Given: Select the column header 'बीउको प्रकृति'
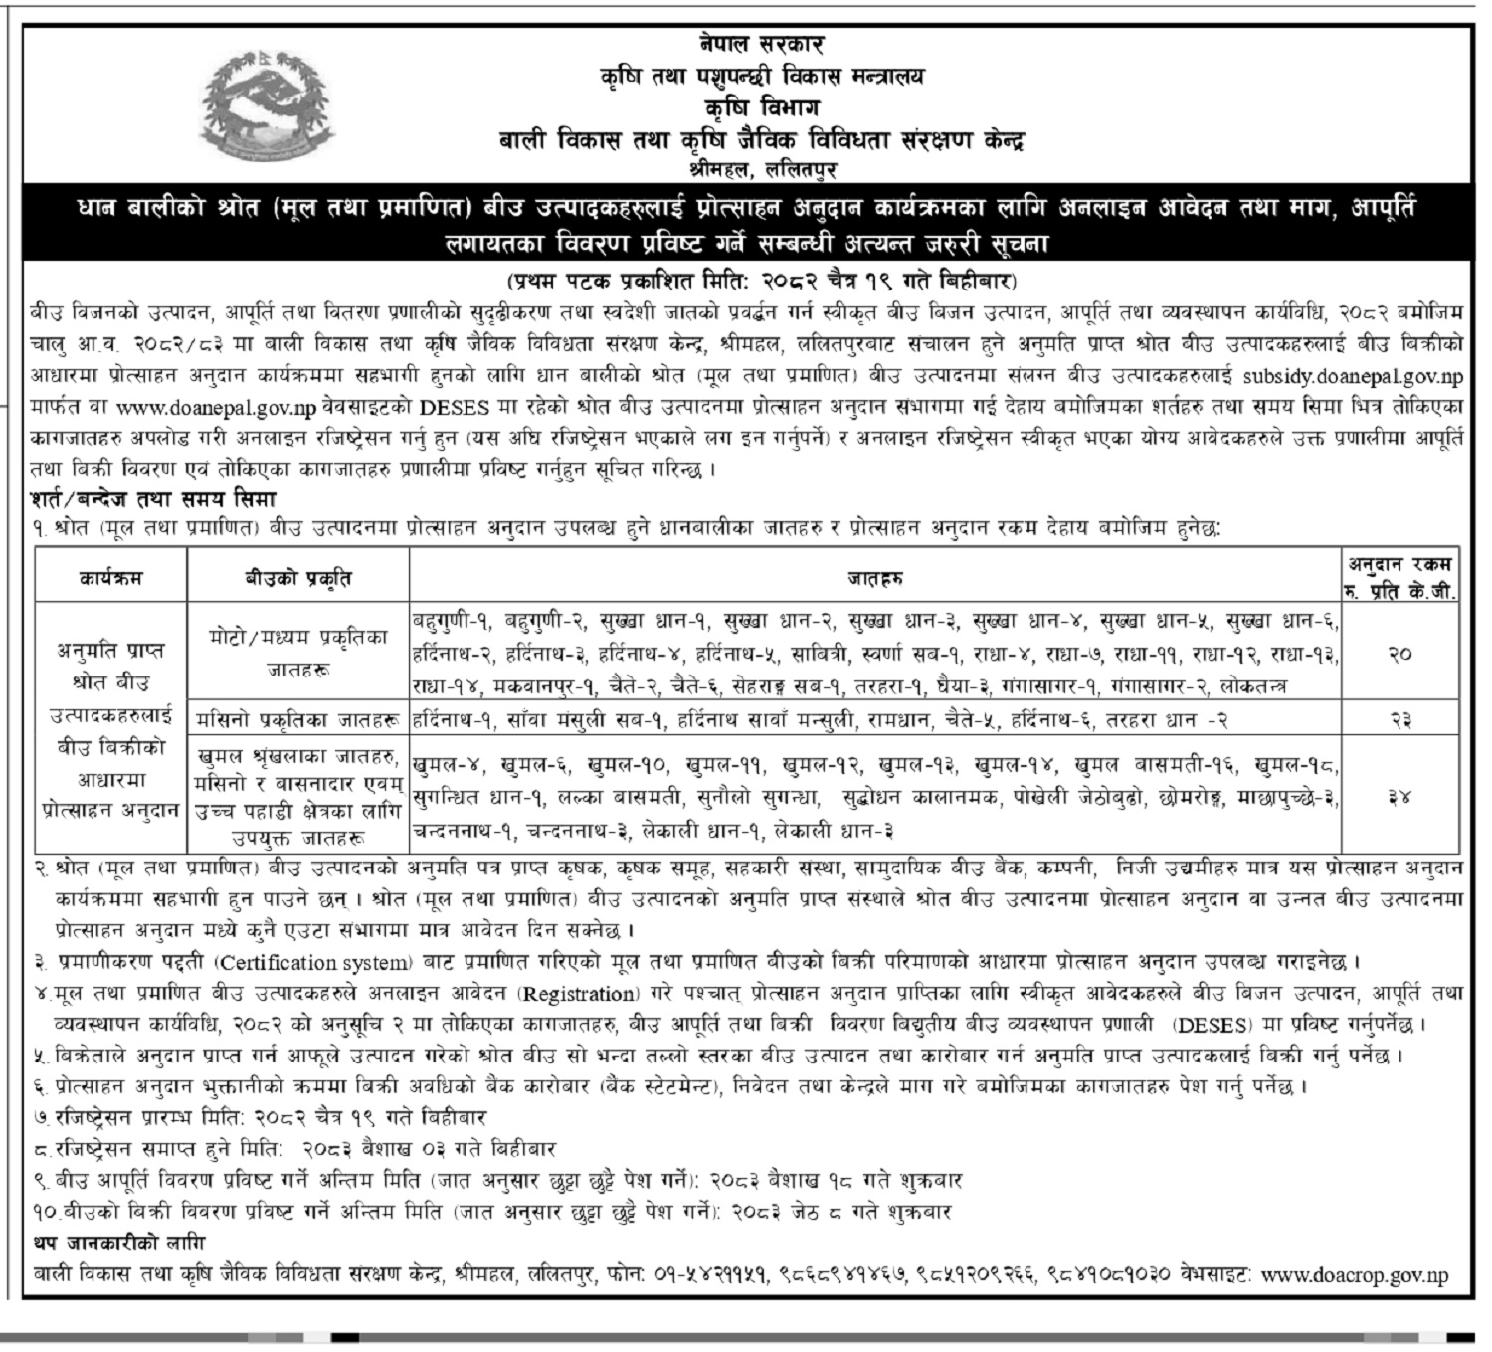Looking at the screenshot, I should (x=297, y=578).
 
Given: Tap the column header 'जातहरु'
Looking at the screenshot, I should (x=875, y=578).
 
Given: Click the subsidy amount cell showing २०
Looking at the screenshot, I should (x=1400, y=654).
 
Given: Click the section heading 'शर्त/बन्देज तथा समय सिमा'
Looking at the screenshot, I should (x=153, y=498).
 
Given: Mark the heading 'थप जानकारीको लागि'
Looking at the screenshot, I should (x=118, y=1244).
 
